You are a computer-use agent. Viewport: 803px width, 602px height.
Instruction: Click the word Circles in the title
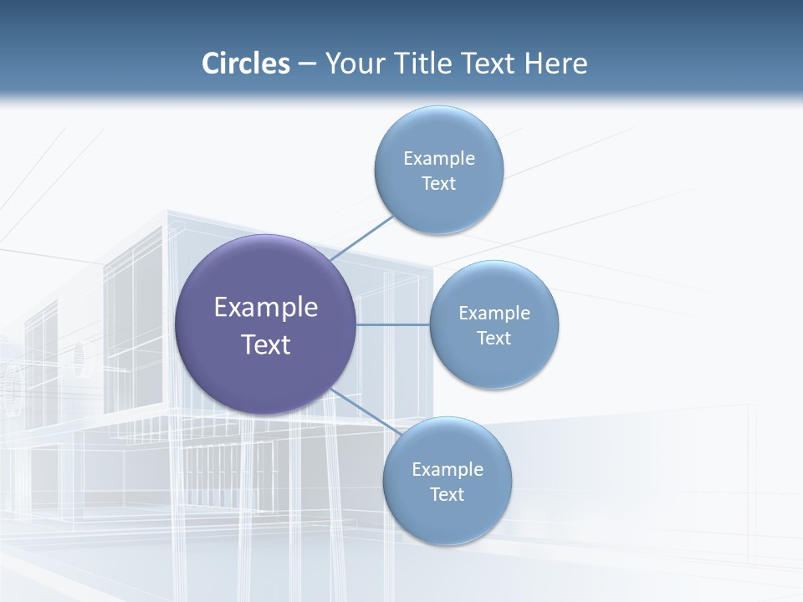tap(245, 64)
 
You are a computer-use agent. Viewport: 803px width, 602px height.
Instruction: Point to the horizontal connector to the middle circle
tap(393, 324)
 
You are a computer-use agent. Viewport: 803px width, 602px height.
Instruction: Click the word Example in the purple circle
tap(266, 308)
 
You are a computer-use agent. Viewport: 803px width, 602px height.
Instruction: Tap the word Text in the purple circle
tap(266, 344)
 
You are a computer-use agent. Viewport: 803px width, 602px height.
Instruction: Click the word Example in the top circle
tap(438, 159)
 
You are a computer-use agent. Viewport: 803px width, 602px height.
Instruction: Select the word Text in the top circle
tap(438, 184)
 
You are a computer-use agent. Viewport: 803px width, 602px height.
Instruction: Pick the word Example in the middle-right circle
tap(494, 314)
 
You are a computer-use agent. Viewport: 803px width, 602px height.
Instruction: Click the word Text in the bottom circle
tap(447, 495)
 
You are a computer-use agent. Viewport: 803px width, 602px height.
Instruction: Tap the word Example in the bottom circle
tap(447, 470)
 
